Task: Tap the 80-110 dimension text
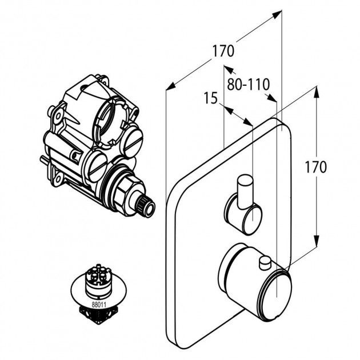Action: click(248, 85)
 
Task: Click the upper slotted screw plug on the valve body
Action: click(133, 138)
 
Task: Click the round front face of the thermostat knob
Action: click(275, 291)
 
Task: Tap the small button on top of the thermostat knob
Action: click(265, 262)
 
